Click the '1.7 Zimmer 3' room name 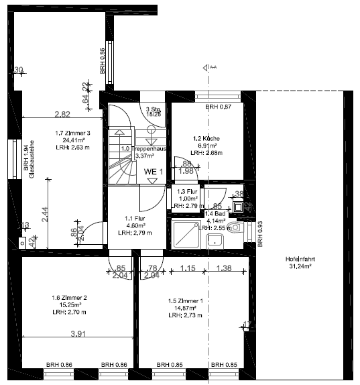pos(72,133)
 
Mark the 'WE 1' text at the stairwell pos(154,172)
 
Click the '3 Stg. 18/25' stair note pos(154,112)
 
